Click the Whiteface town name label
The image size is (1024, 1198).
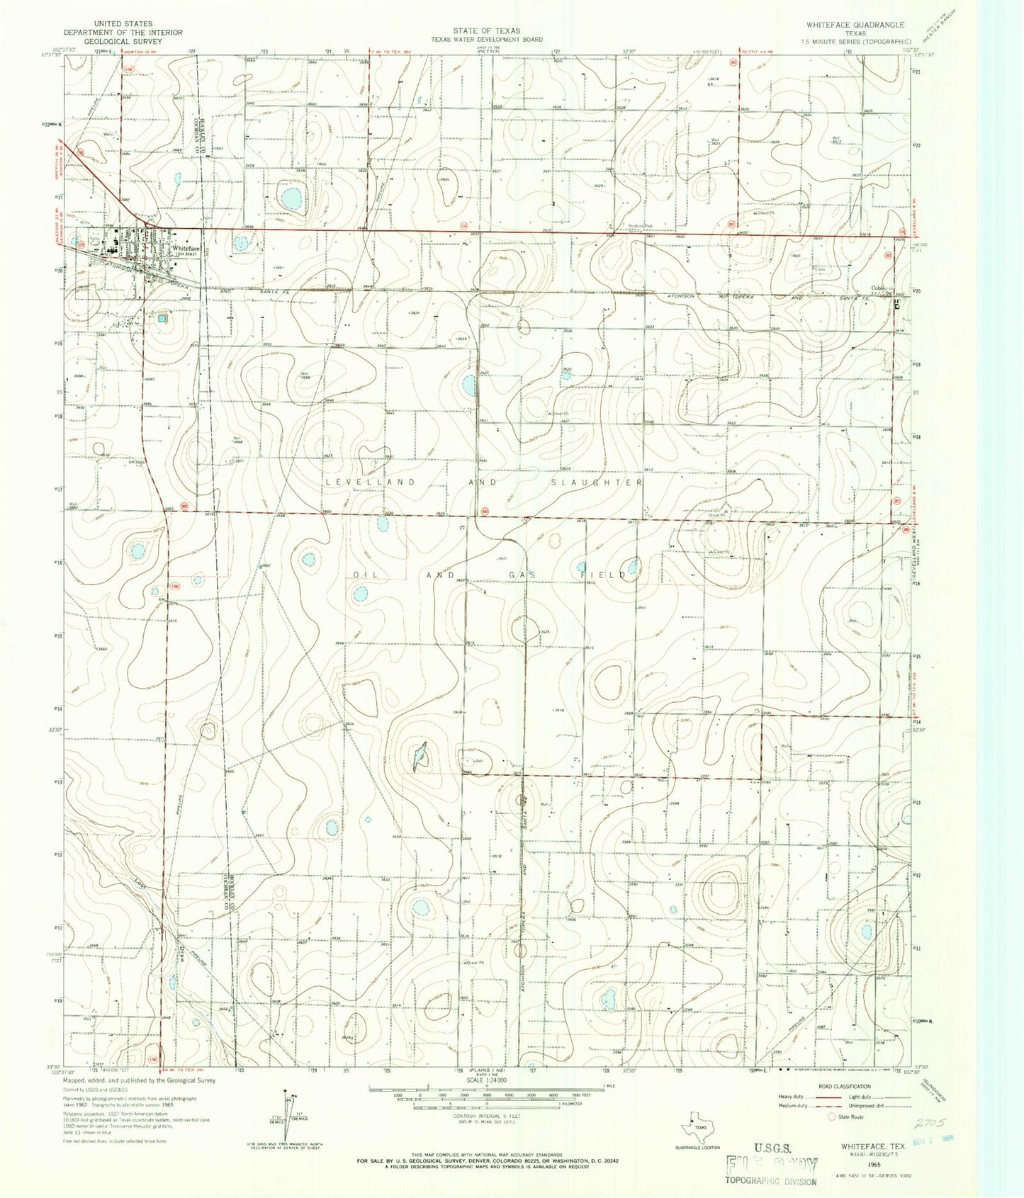pos(185,249)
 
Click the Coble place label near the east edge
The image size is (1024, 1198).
pos(879,288)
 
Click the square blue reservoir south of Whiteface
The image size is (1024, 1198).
pos(163,318)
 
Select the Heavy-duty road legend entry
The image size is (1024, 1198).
pos(792,1097)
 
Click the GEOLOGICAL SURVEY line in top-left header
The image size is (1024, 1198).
pos(113,41)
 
